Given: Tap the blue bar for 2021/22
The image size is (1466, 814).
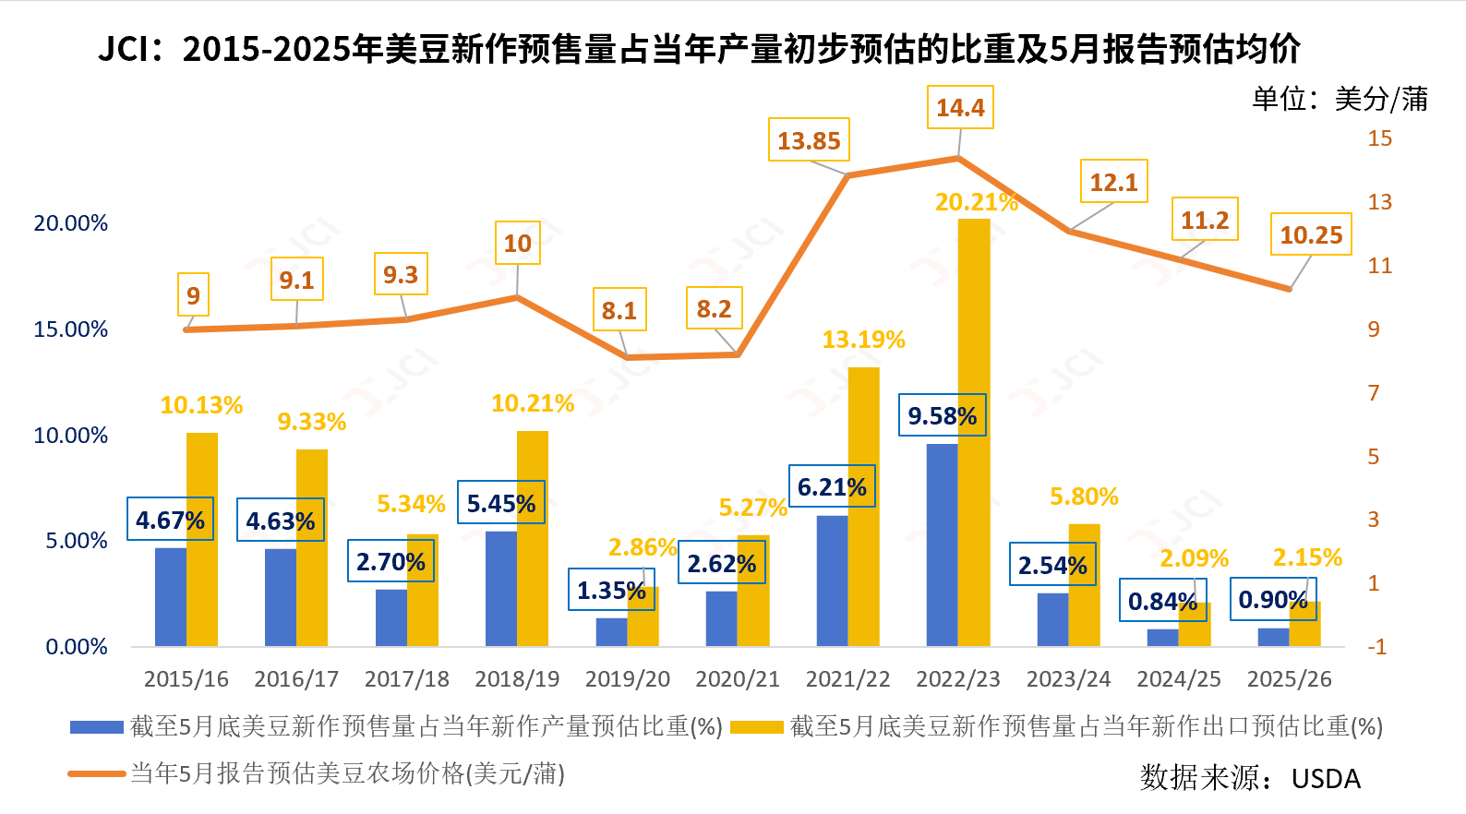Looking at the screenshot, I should (832, 581).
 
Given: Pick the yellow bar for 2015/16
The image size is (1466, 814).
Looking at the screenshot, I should (202, 540).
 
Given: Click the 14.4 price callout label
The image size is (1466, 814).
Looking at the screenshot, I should (960, 108).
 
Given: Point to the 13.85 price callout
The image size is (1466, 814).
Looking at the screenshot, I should (809, 141).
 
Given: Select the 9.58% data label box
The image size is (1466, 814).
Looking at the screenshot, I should (942, 416).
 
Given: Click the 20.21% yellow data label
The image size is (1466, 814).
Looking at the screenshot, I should (976, 202).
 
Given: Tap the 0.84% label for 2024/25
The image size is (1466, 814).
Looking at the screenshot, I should (1162, 602).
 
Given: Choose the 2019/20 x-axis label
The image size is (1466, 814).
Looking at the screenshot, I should (628, 679).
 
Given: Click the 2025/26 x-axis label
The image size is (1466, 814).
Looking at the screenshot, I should (1289, 679).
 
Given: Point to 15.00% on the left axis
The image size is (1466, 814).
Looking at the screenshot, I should (71, 329).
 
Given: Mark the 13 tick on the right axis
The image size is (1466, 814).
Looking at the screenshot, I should (1379, 202).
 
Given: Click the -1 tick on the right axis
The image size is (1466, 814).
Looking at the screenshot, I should (1377, 647).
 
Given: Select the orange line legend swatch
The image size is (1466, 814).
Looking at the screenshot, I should (97, 773).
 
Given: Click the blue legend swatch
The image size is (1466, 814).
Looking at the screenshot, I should (97, 727).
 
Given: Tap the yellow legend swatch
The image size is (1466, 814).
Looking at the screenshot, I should (756, 727).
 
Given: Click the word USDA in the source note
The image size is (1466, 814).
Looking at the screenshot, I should (1326, 779).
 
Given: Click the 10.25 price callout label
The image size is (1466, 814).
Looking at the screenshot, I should (1311, 235).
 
